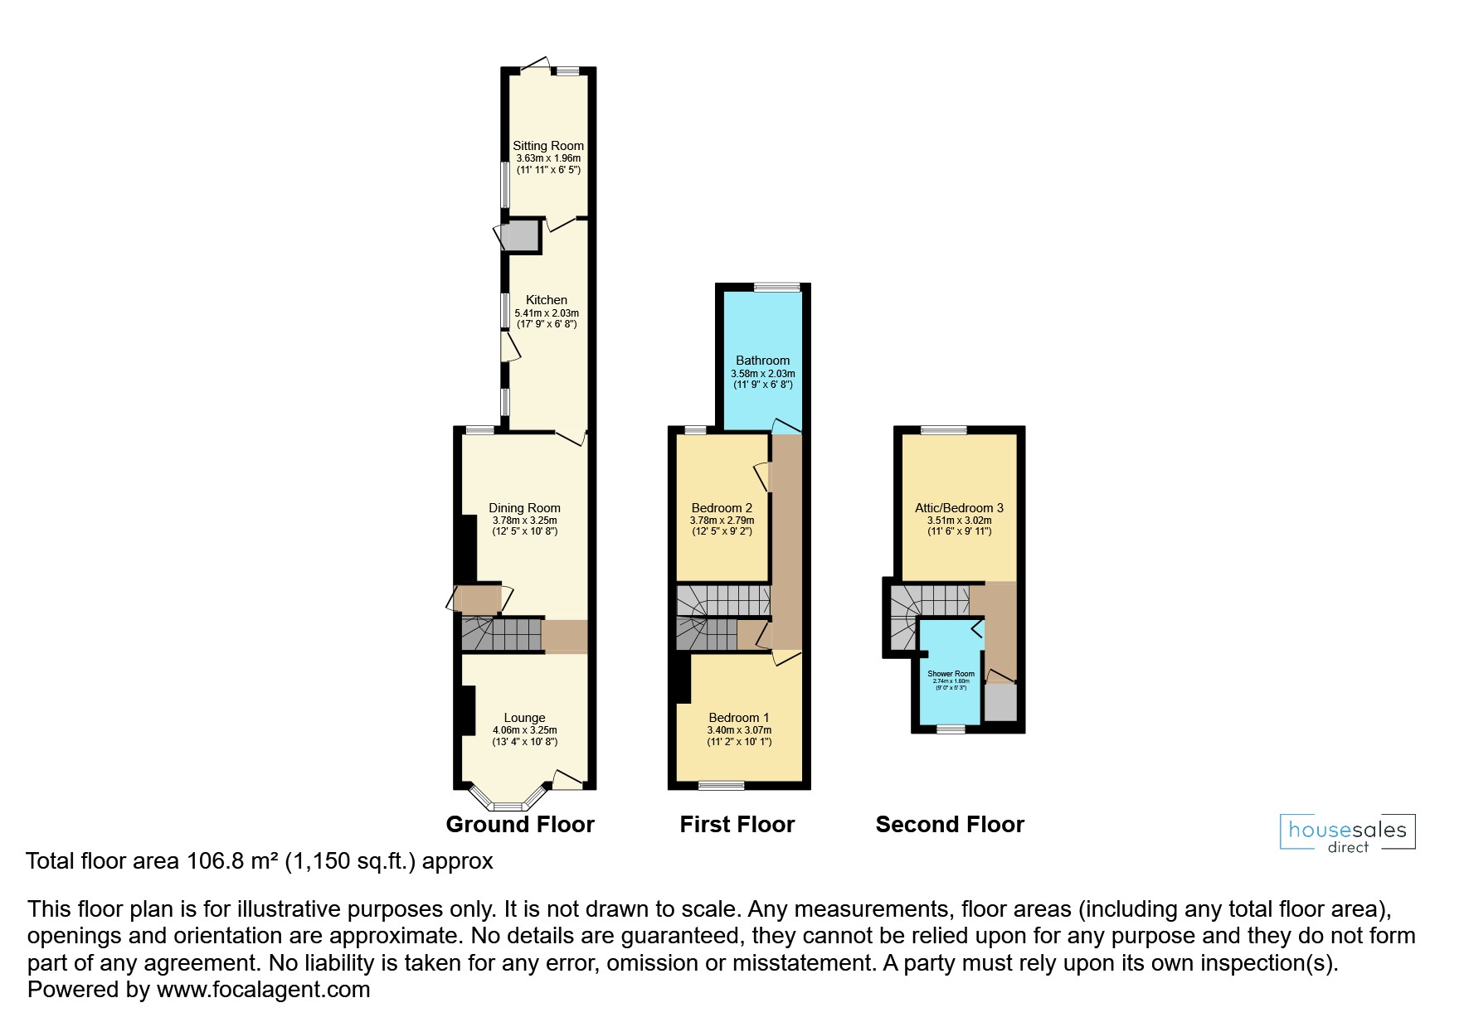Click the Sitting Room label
click(548, 146)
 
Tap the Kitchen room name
click(547, 300)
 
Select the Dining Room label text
click(524, 508)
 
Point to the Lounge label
click(525, 718)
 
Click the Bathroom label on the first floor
click(762, 361)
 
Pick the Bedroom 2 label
click(722, 508)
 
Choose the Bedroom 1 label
click(739, 718)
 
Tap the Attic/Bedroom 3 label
click(959, 508)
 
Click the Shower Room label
click(951, 674)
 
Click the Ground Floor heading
click(520, 824)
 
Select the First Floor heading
click(737, 824)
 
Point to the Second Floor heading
click(950, 824)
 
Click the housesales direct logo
click(1348, 833)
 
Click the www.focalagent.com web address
click(263, 990)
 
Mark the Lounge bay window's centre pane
click(507, 806)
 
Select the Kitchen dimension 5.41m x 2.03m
click(547, 313)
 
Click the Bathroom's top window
click(777, 287)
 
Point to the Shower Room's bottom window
click(951, 729)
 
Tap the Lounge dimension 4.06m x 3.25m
click(525, 730)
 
